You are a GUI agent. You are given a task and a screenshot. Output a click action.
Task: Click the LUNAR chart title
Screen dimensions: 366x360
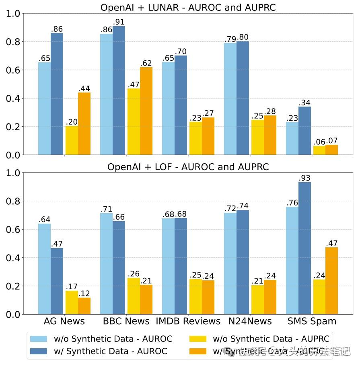point(188,7)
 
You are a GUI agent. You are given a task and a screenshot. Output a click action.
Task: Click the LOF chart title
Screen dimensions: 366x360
point(188,167)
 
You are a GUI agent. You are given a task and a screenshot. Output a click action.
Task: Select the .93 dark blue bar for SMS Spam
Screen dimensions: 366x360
point(304,248)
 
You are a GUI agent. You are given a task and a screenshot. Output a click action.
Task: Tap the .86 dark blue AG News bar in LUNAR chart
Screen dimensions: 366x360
point(57,94)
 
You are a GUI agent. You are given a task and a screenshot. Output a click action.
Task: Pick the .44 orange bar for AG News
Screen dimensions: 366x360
point(84,123)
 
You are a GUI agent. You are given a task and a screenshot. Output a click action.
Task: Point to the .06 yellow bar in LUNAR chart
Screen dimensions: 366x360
point(319,150)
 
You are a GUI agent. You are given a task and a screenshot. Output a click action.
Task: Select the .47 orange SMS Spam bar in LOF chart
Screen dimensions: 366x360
point(331,281)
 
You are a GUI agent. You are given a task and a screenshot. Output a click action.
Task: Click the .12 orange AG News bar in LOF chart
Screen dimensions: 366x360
point(84,306)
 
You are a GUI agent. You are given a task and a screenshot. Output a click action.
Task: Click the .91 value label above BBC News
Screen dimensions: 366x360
point(119,22)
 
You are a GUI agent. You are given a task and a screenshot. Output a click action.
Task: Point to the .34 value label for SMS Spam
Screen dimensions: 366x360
point(304,103)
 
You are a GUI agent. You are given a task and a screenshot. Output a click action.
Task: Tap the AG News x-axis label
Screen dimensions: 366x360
point(64,321)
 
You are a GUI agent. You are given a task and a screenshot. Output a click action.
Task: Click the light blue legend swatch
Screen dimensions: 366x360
point(39,339)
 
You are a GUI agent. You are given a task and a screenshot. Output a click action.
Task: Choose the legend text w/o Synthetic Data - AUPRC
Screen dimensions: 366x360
point(271,339)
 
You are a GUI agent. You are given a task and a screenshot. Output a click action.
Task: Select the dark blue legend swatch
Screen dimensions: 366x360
point(39,351)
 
